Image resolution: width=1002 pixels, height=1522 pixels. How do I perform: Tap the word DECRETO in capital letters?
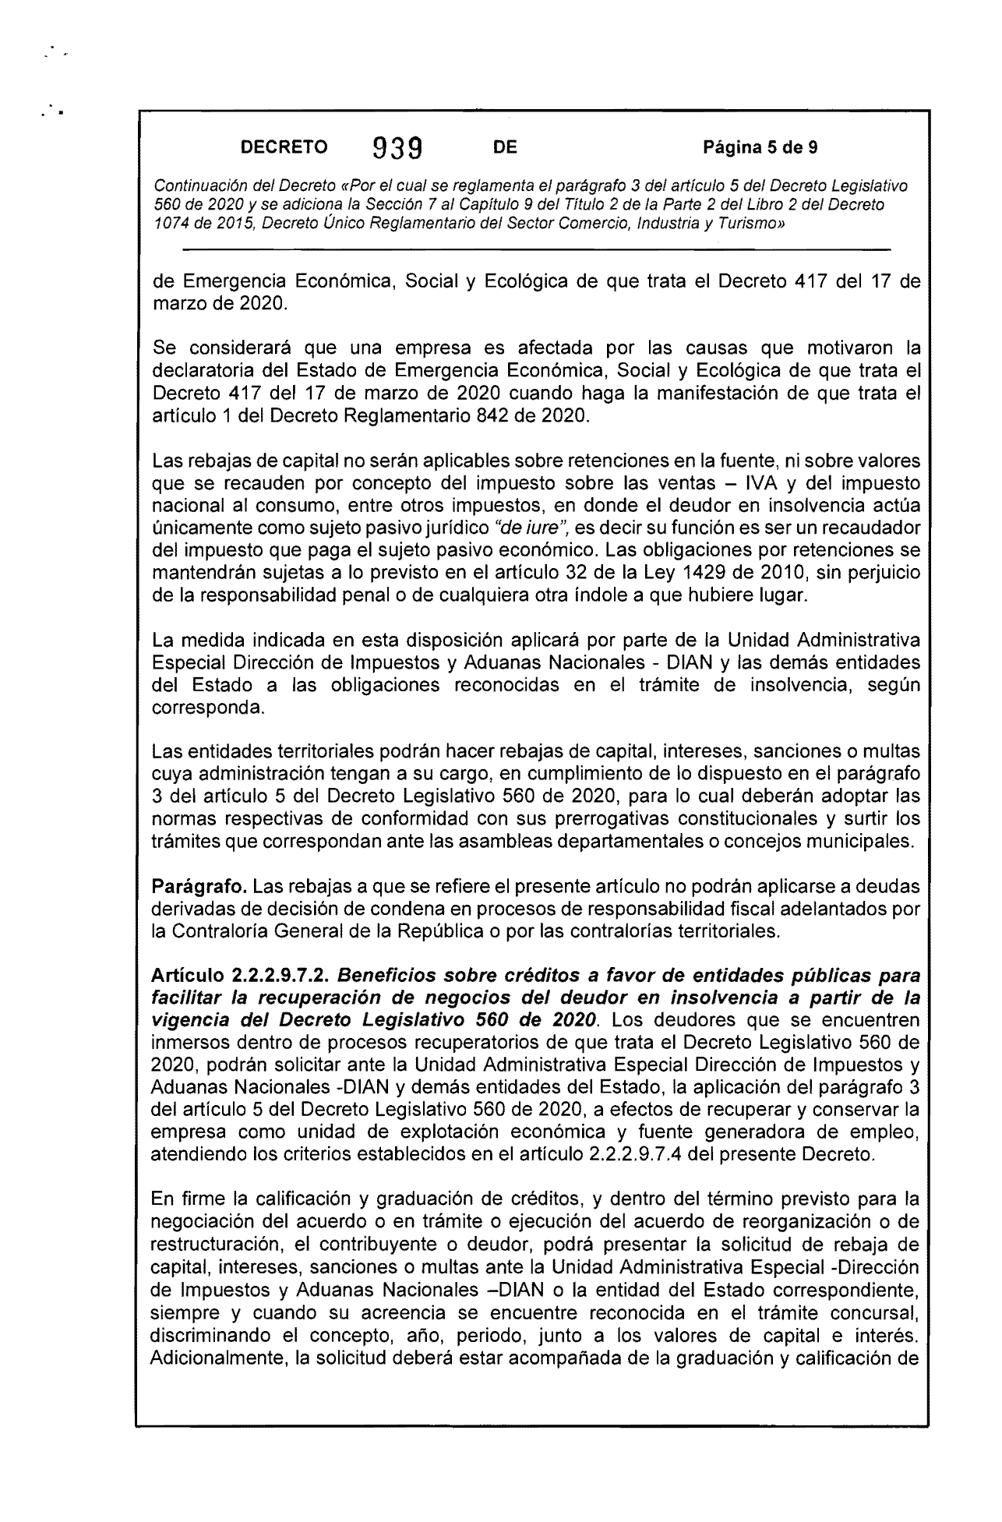tap(284, 147)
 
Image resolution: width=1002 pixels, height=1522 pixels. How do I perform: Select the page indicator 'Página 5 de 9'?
tap(760, 147)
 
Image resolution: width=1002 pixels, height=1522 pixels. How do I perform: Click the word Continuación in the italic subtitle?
tap(198, 187)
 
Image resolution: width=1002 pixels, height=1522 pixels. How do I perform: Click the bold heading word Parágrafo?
tap(200, 887)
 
